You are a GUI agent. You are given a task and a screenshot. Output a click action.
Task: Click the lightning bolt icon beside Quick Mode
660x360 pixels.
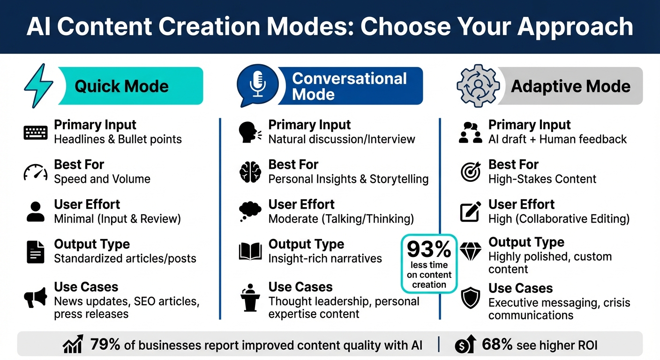pos(39,86)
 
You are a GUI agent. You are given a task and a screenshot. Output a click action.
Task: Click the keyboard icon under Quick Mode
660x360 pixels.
pos(35,133)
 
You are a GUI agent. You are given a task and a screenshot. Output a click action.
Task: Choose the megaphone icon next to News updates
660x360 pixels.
pos(35,297)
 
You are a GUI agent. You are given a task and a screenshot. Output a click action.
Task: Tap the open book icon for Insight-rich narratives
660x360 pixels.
pos(250,252)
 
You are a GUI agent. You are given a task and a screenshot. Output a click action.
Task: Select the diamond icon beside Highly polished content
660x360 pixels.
pos(470,252)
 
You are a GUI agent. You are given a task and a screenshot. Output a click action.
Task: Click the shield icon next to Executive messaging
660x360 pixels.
pos(470,299)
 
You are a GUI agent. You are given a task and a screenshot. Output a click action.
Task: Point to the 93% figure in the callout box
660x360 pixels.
pos(428,249)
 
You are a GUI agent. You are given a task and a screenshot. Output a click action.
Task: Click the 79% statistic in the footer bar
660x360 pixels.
pos(105,345)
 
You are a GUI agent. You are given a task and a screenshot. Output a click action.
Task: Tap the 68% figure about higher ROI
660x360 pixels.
pos(497,345)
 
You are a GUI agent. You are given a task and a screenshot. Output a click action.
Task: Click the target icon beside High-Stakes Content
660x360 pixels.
pos(470,172)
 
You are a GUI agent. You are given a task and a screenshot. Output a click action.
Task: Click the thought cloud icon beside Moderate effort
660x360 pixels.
pos(250,211)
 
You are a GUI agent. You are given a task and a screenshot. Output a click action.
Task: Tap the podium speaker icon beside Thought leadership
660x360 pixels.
pos(250,297)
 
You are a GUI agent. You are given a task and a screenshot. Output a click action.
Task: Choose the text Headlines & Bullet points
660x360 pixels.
pos(118,139)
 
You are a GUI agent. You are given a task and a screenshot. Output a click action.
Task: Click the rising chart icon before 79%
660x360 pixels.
pos(73,345)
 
